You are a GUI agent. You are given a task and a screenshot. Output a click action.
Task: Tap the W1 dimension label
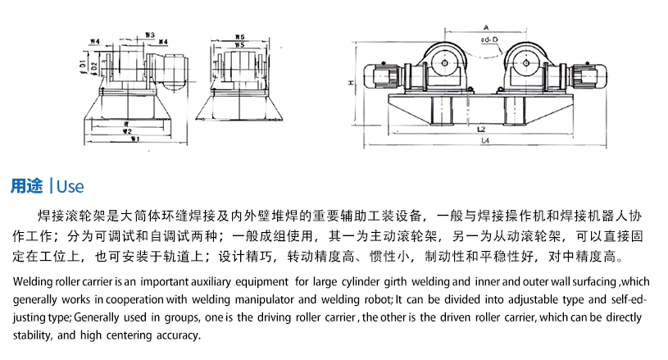pyautogui.click(x=127, y=138)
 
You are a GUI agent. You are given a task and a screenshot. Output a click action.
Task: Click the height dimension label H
pyautogui.click(x=350, y=84)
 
